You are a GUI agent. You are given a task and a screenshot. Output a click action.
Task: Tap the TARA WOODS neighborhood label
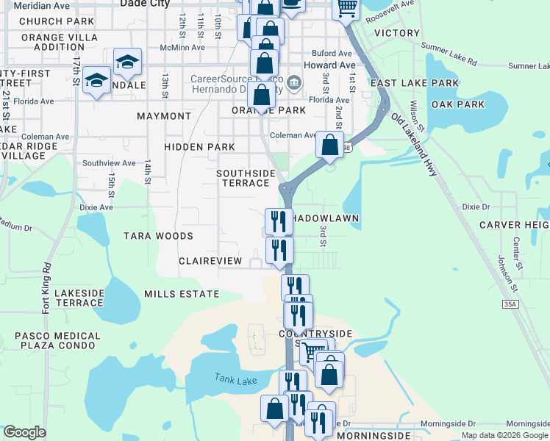(x=158, y=236)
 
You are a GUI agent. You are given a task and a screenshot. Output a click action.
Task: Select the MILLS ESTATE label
(x=181, y=294)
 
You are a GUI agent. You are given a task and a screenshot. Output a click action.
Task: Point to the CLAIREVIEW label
(x=210, y=261)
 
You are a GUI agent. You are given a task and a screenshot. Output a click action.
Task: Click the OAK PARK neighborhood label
(x=458, y=104)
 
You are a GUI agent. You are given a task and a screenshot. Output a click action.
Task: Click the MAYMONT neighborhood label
(x=164, y=116)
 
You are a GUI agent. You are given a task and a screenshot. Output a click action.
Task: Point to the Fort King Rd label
(x=46, y=288)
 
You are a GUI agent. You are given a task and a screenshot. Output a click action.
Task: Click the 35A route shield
(x=511, y=303)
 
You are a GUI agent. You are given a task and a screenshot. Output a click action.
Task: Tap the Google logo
(x=24, y=431)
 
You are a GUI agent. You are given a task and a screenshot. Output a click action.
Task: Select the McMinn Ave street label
(x=184, y=49)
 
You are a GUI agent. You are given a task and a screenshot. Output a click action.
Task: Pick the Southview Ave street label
(x=109, y=163)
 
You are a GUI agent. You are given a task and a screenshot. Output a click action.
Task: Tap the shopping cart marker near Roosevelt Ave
(x=345, y=9)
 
